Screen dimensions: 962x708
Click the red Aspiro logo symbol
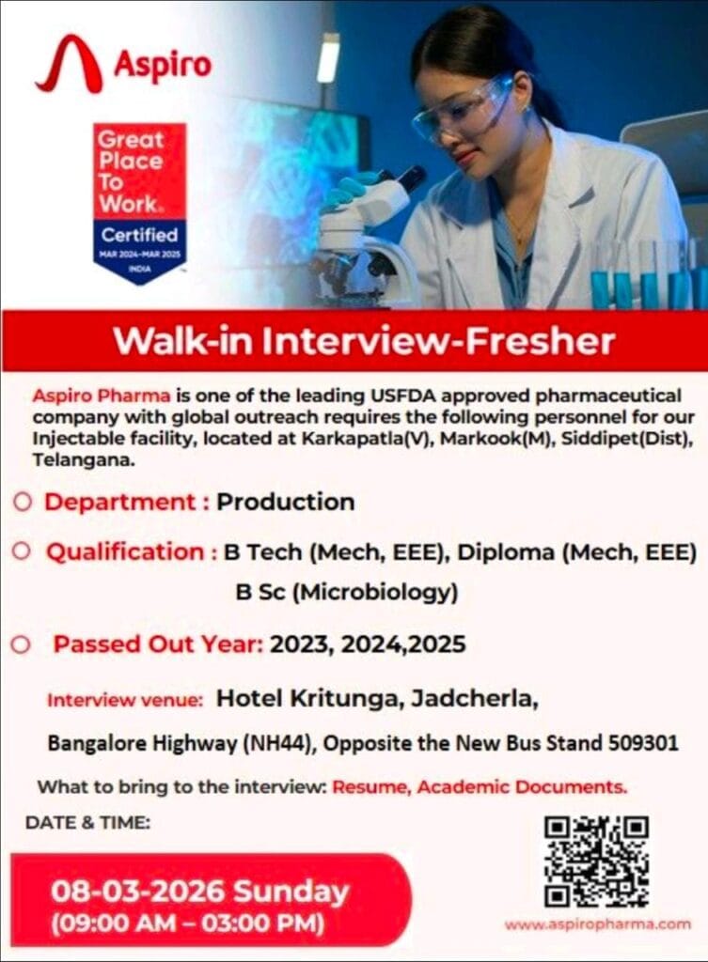coord(69,65)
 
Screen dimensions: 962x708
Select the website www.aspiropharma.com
coord(597,924)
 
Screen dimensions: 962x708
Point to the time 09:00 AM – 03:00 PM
coord(188,923)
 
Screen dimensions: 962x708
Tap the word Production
coord(286,502)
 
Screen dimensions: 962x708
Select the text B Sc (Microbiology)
coord(346,593)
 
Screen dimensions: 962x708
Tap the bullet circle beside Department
coord(23,502)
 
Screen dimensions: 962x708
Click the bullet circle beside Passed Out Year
coord(23,645)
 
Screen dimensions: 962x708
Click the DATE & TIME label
coord(87,822)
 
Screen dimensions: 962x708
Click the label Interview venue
coord(125,701)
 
